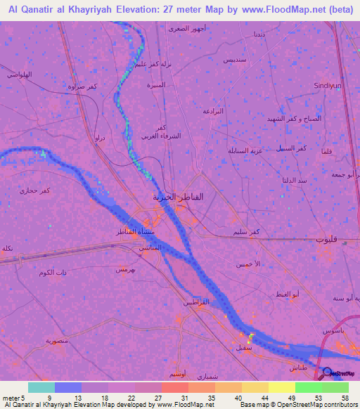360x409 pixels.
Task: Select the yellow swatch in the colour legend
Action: point(281,387)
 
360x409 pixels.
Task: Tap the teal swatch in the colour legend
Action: point(41,387)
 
